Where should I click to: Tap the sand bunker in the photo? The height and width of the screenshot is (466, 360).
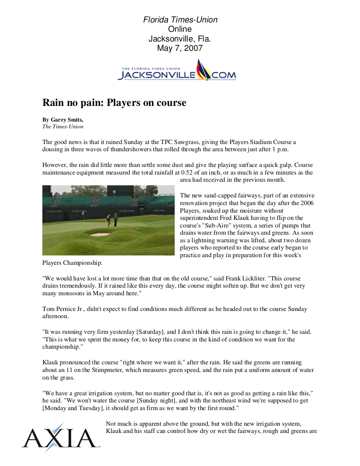pos(100,234)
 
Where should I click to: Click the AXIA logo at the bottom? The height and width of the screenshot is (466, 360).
pos(59,438)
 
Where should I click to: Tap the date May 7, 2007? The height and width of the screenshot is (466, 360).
pos(180,48)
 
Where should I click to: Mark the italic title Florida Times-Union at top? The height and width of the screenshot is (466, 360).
pos(180,19)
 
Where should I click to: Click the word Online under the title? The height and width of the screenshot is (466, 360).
pos(180,29)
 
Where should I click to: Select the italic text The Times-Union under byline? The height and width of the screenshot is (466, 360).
pos(63,126)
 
